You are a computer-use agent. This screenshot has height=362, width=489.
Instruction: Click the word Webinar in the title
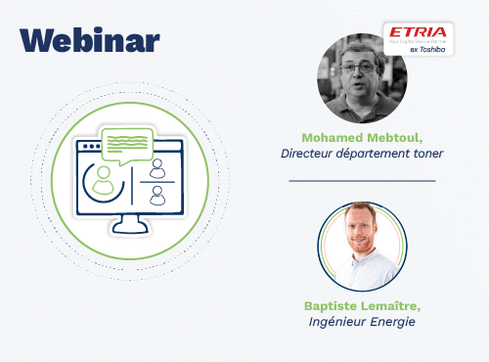coord(89,40)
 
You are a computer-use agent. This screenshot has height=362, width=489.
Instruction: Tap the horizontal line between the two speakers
coord(362,181)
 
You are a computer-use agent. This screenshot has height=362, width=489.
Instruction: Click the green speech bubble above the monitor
coord(127,146)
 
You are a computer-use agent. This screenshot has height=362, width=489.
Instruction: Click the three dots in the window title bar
coord(95,149)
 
